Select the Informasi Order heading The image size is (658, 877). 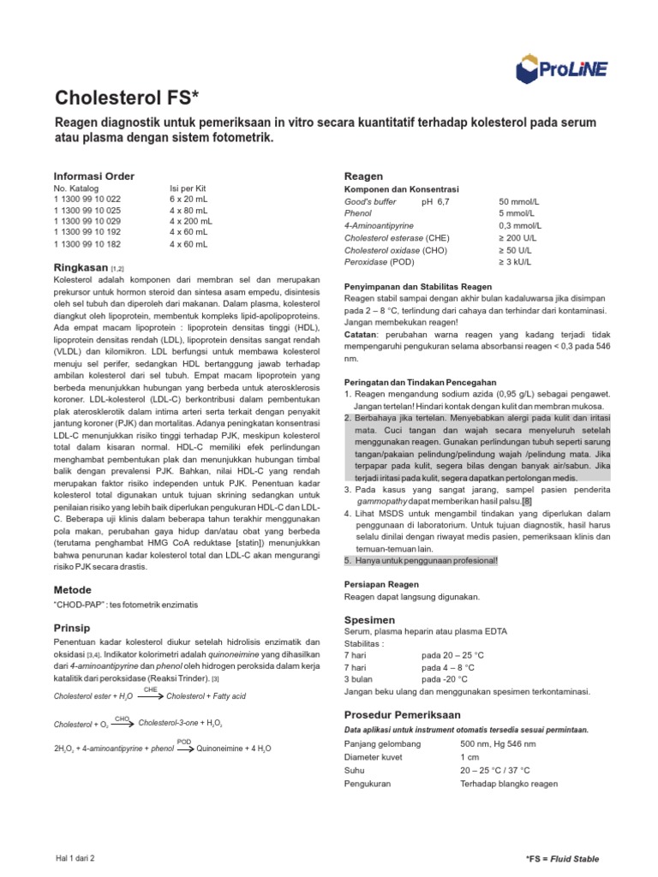click(x=93, y=176)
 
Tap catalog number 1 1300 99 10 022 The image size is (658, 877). click(x=87, y=199)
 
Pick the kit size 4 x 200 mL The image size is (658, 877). click(x=190, y=220)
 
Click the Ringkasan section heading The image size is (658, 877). click(x=81, y=267)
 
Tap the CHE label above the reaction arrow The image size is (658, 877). click(x=150, y=688)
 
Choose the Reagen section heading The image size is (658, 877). click(x=363, y=176)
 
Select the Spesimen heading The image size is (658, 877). click(x=369, y=618)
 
